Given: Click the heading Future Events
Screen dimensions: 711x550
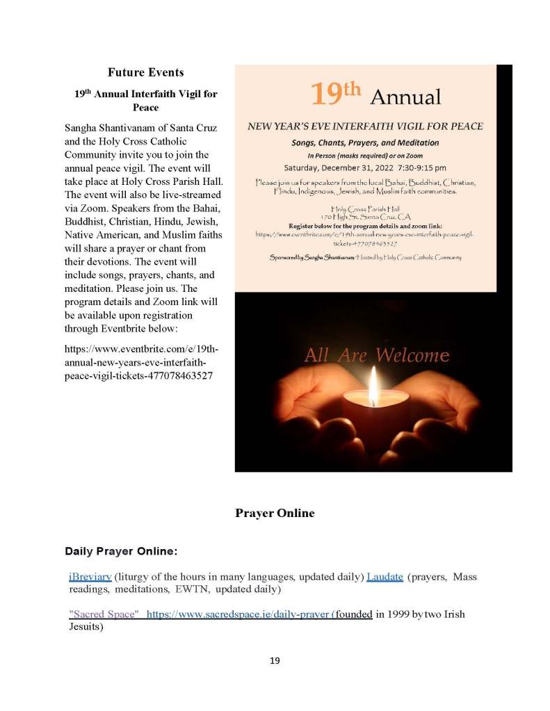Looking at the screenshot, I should [x=145, y=72].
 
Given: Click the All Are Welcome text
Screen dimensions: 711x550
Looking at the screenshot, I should [x=377, y=356].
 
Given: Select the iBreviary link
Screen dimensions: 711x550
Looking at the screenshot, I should [x=90, y=577].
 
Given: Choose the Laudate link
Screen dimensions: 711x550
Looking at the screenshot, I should [x=385, y=577].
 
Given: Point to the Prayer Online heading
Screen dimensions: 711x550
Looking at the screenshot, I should [x=275, y=513].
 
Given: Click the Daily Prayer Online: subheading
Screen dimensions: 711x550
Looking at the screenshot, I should [x=121, y=551].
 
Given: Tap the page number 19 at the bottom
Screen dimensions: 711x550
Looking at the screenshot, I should [x=275, y=660].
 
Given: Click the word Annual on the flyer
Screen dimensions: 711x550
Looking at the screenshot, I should [x=405, y=97].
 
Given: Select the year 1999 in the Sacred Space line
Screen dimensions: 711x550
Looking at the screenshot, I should [x=391, y=614].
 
